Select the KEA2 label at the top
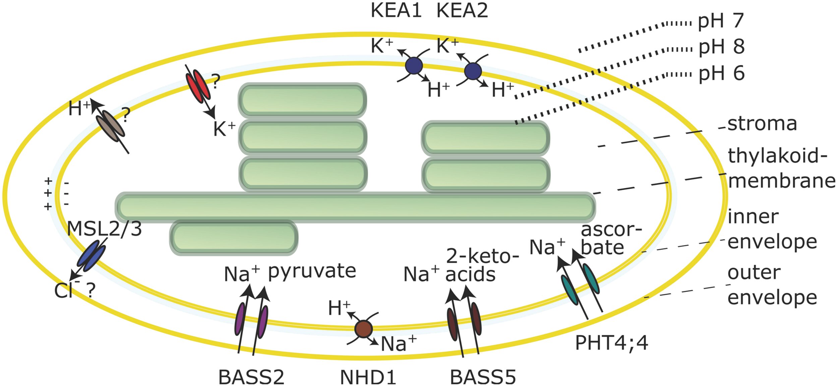point(462,11)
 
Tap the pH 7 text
point(721,21)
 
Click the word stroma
point(762,124)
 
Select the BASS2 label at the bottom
point(251,377)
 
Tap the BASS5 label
point(483,377)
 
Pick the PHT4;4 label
point(611,343)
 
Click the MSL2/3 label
point(104,229)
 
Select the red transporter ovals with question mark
point(198,85)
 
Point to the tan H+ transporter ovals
point(111,123)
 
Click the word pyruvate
point(312,271)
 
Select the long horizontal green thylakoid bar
point(355,207)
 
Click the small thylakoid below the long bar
point(234,238)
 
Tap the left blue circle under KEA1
point(414,65)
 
